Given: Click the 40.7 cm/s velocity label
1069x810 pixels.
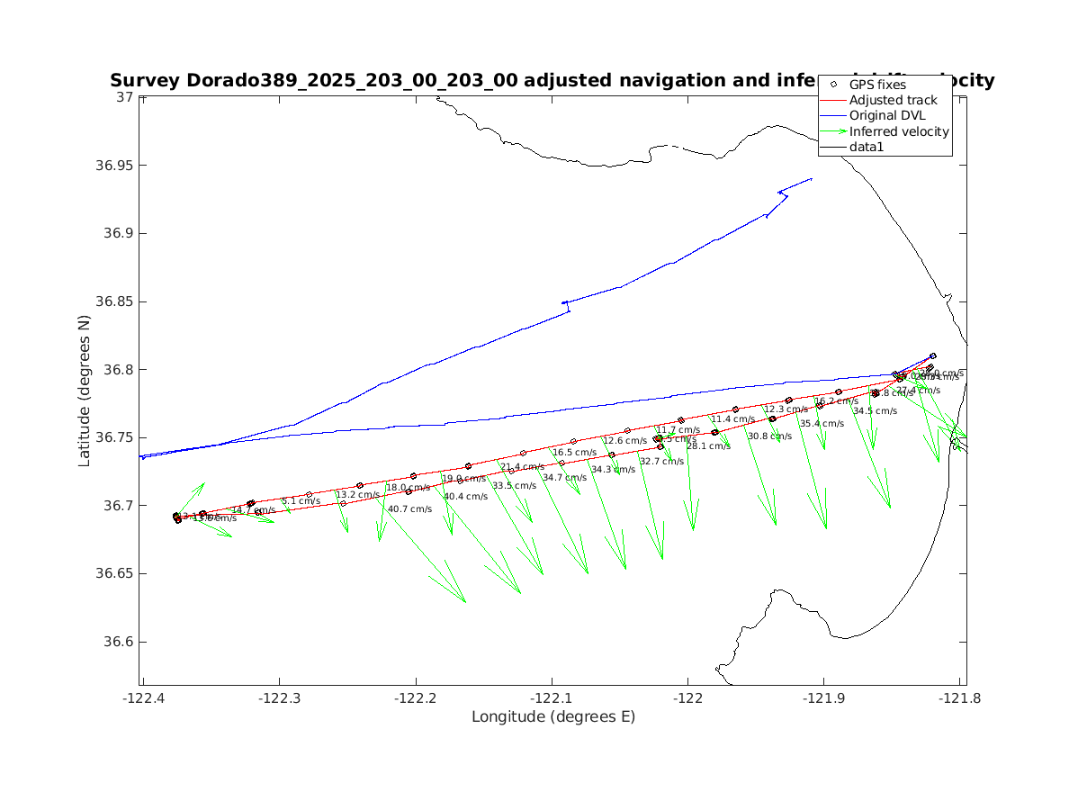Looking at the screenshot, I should click(x=409, y=509).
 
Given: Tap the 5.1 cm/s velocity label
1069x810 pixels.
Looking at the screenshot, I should click(x=301, y=501).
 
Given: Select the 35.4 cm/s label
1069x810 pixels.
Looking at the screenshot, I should click(x=822, y=424).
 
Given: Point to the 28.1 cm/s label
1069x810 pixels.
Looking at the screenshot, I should click(x=708, y=446).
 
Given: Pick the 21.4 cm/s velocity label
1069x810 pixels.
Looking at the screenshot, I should click(x=523, y=467).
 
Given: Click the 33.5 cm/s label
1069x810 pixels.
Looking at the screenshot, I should click(x=514, y=486).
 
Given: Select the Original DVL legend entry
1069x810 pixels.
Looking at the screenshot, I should click(x=887, y=115).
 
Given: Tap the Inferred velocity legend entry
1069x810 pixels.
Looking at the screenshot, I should click(x=899, y=131).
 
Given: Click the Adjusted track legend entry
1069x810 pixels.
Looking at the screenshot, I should click(x=894, y=100).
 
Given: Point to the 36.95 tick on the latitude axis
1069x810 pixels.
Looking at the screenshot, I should click(x=113, y=166).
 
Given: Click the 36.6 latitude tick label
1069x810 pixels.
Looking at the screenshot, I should click(x=120, y=643).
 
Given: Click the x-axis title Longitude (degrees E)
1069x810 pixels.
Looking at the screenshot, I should click(x=553, y=717).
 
